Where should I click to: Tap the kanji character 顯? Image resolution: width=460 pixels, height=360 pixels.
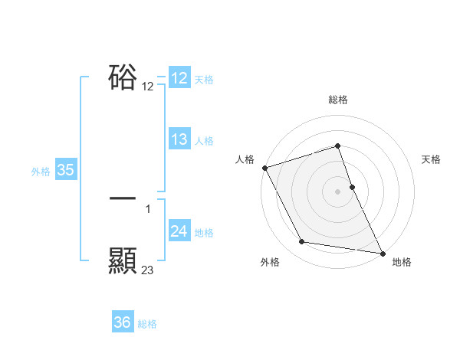(x=123, y=261)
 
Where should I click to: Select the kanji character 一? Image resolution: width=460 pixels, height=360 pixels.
(x=123, y=198)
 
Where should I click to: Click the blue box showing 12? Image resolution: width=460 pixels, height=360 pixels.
(x=179, y=78)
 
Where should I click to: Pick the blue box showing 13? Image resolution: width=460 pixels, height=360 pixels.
(x=179, y=139)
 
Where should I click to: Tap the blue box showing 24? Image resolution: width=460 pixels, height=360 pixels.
(x=179, y=231)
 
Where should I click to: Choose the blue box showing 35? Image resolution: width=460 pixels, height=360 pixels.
(x=65, y=170)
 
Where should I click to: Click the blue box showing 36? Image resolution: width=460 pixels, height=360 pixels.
(x=122, y=322)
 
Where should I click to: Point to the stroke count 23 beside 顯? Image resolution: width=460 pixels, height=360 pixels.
(x=148, y=270)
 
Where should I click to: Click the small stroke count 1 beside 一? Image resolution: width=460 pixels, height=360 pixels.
(x=148, y=208)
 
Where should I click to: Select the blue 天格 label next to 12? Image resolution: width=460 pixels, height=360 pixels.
(x=204, y=80)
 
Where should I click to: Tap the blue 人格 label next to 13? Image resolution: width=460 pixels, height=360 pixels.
(x=204, y=141)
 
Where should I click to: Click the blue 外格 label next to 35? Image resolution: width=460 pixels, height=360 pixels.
(x=41, y=172)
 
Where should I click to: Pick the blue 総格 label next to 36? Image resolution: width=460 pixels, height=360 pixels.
(x=147, y=324)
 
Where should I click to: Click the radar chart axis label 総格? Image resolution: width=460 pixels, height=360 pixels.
(x=338, y=100)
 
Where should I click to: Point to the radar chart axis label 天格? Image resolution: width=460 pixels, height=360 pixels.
(x=432, y=159)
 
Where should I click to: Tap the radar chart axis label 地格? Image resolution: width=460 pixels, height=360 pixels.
(x=402, y=263)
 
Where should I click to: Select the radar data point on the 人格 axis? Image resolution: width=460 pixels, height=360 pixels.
(x=264, y=168)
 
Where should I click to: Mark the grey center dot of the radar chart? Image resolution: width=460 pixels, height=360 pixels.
(x=338, y=191)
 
